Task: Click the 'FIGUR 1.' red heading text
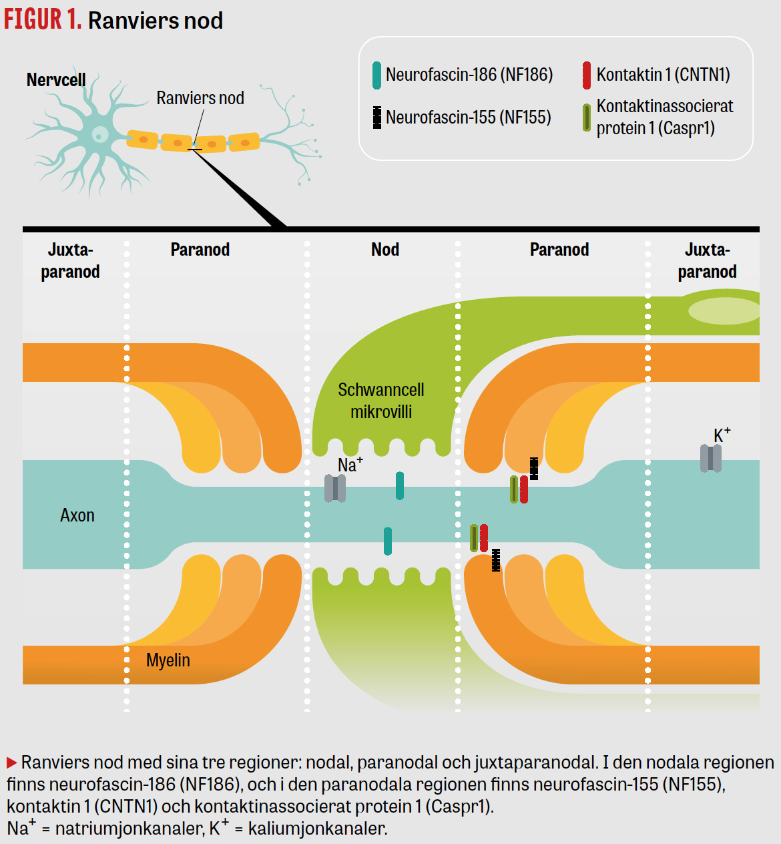pos(43,20)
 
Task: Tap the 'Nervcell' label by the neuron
pos(56,80)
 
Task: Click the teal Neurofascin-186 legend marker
pos(377,75)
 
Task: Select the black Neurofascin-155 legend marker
pos(377,118)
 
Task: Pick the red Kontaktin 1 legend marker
pos(587,75)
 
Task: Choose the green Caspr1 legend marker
pos(587,118)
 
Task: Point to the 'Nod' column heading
pos(385,250)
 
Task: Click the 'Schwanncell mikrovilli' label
pos(381,401)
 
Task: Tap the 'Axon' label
pos(77,515)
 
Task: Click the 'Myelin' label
pos(168,660)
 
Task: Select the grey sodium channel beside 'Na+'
pos(335,488)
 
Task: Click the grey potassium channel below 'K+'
pos(711,458)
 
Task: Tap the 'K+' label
pos(722,436)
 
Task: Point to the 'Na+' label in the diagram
pos(350,464)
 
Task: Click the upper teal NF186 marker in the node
pos(400,486)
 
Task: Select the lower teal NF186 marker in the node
pos(388,541)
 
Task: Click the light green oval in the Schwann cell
pos(724,310)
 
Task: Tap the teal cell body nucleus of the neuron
pos(100,134)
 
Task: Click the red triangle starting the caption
pos(12,763)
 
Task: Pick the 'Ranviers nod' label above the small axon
pos(200,98)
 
